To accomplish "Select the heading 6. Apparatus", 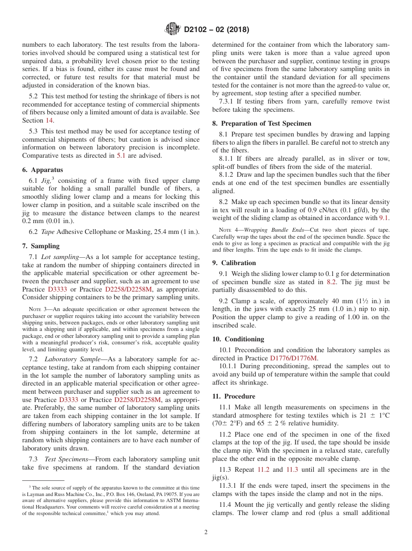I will [x=43, y=170].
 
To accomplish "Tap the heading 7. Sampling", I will [x=41, y=246].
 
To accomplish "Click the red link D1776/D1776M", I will [x=293, y=358].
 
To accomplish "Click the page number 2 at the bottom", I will [x=206, y=532].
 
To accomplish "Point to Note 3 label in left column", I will [x=35, y=309].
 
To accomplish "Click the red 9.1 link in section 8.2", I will [x=384, y=218].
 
